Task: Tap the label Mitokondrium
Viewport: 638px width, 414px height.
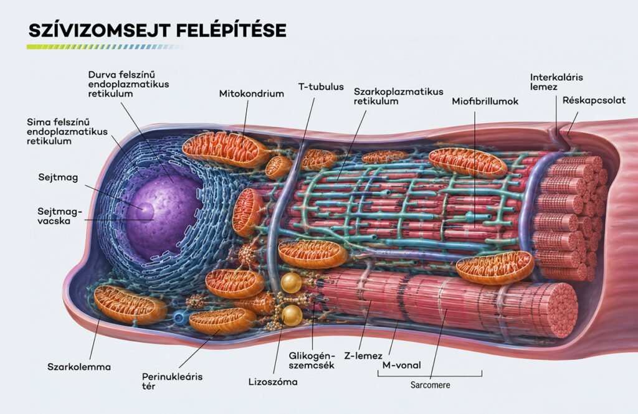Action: [252, 94]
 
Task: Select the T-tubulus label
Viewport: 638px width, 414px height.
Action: [321, 87]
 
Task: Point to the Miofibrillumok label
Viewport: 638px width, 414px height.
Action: [485, 101]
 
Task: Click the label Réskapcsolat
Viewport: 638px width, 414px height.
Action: [594, 100]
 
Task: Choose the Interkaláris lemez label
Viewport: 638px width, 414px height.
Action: [556, 82]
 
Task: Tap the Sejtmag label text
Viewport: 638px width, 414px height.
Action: [58, 177]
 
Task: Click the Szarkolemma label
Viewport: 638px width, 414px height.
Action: [79, 367]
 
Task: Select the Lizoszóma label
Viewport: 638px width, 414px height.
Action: [273, 382]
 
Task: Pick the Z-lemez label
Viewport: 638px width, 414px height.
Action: [363, 356]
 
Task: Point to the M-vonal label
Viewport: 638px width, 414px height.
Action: [402, 365]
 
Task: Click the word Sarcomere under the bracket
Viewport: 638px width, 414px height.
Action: [430, 385]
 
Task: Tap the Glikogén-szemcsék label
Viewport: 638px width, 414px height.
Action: [312, 360]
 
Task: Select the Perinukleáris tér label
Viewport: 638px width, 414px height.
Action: [172, 381]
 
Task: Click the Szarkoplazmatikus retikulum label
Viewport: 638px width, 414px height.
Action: [398, 96]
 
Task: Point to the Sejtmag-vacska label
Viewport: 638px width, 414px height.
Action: [60, 217]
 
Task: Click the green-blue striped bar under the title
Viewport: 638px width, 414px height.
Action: [105, 47]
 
